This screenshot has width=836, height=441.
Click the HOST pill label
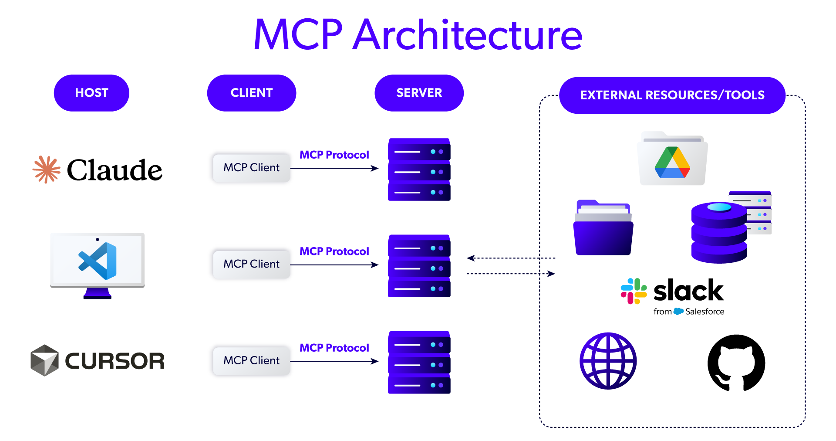pyautogui.click(x=91, y=93)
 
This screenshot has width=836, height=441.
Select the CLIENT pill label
pyautogui.click(x=251, y=93)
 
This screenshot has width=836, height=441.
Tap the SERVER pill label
pyautogui.click(x=419, y=93)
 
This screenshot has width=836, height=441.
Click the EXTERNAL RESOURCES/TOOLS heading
pyautogui.click(x=672, y=95)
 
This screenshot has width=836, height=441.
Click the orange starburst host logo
pyautogui.click(x=47, y=170)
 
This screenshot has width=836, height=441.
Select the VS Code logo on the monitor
pyautogui.click(x=98, y=261)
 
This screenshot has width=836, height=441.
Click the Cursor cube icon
pyautogui.click(x=44, y=360)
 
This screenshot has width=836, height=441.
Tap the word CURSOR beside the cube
pyautogui.click(x=115, y=361)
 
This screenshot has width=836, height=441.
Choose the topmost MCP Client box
pyautogui.click(x=251, y=168)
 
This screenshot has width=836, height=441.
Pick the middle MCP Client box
pyautogui.click(x=251, y=264)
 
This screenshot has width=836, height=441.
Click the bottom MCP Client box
pyautogui.click(x=251, y=361)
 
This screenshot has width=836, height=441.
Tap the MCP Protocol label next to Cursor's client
pyautogui.click(x=334, y=348)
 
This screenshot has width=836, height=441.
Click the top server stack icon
pyautogui.click(x=419, y=170)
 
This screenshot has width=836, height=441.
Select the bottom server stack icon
pyautogui.click(x=419, y=363)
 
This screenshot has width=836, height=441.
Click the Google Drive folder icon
pyautogui.click(x=672, y=160)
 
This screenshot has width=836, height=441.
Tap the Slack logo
pyautogui.click(x=634, y=291)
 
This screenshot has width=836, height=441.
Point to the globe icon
pyautogui.click(x=608, y=361)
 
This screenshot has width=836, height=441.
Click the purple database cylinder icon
pyautogui.click(x=719, y=233)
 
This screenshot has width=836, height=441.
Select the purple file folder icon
pyautogui.click(x=603, y=228)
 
